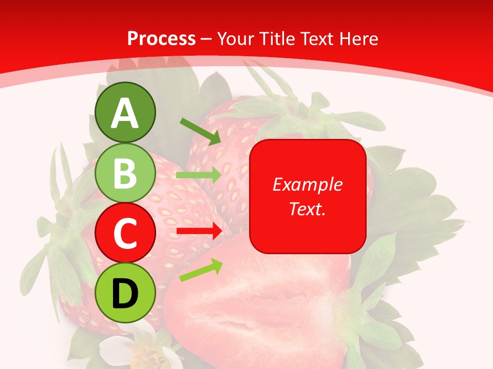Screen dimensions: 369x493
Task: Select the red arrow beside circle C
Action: click(199, 231)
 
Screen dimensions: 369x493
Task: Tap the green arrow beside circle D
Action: click(200, 270)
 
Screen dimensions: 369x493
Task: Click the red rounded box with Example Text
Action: click(308, 196)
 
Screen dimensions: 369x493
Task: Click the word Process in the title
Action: click(161, 38)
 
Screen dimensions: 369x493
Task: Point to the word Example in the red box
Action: click(308, 184)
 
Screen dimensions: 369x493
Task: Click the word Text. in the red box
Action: click(308, 209)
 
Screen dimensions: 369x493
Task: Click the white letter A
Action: click(125, 113)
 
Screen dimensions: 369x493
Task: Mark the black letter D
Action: click(125, 294)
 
